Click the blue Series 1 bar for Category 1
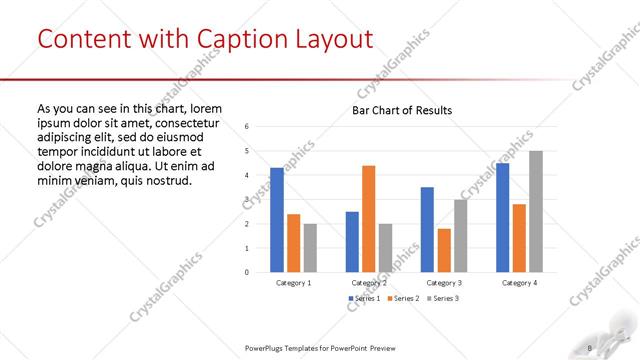click(x=277, y=220)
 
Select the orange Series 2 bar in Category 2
click(x=369, y=218)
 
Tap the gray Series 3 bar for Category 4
click(x=536, y=211)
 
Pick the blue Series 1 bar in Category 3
click(x=427, y=229)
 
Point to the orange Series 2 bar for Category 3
click(x=444, y=250)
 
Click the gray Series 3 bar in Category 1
click(x=310, y=247)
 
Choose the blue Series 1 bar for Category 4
click(x=502, y=217)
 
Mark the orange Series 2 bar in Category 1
click(x=293, y=243)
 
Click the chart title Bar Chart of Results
click(x=402, y=110)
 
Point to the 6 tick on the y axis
click(x=247, y=127)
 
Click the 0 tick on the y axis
click(x=247, y=272)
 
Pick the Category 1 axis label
click(x=293, y=283)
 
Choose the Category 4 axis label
click(x=519, y=283)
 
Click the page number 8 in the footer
click(x=590, y=348)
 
